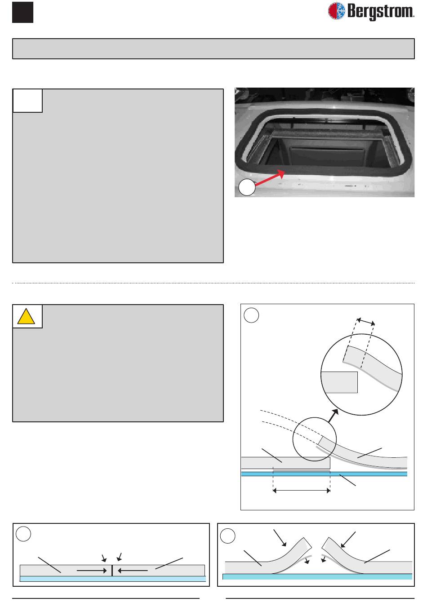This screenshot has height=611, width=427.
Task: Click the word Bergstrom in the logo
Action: point(381,12)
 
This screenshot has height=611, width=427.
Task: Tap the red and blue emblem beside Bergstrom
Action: point(336,11)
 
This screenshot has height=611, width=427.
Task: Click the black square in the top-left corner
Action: point(22,12)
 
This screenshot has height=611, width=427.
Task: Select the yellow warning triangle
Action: point(26,316)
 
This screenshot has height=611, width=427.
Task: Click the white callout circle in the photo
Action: point(247,187)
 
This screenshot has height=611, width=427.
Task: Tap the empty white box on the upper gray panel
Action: point(27,101)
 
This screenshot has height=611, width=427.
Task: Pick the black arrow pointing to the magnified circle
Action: point(333,416)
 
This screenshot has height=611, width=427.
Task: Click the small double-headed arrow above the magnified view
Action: point(366,321)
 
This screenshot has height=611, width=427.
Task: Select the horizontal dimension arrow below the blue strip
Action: point(302,491)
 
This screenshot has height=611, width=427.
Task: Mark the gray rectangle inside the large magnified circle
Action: point(339,382)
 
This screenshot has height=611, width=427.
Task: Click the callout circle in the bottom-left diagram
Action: point(23,534)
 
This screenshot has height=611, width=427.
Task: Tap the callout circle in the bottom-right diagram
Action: point(227,536)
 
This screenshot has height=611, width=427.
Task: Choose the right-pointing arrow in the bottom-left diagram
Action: point(92,571)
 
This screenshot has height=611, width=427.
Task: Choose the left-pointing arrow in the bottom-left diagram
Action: point(133,571)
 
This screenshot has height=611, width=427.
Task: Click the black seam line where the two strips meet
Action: point(112,571)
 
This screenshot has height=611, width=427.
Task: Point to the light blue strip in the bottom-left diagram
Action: point(113,579)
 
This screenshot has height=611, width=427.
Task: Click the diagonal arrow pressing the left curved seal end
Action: point(280,538)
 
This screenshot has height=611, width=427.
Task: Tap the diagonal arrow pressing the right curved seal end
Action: point(348,540)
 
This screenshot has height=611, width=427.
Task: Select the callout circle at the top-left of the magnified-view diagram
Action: point(251,315)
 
